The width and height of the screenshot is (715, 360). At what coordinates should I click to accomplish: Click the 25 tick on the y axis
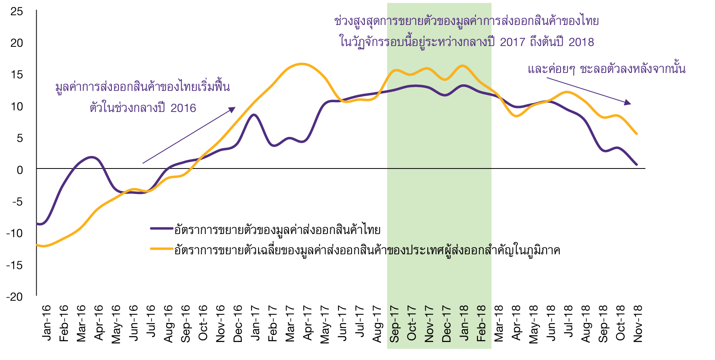click(17, 11)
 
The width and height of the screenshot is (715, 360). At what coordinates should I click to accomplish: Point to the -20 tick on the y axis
click(14, 297)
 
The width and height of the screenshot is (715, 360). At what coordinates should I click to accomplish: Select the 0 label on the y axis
click(20, 170)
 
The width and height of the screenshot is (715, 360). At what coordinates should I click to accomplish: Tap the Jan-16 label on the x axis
click(46, 323)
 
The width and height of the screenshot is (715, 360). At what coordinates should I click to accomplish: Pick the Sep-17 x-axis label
click(394, 324)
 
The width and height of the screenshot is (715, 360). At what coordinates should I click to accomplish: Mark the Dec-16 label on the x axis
click(238, 324)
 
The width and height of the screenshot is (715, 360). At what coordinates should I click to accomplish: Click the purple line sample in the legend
click(162, 229)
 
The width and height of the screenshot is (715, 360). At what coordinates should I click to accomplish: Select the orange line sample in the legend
click(162, 249)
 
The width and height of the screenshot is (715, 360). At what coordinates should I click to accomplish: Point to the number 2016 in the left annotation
click(183, 108)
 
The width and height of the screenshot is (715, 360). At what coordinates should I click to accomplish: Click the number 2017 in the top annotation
click(513, 42)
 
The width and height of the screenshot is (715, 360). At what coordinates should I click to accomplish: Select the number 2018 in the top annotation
click(581, 42)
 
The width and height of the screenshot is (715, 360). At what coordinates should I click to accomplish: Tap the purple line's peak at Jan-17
click(254, 115)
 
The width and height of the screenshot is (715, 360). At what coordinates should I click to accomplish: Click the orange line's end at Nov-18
click(637, 134)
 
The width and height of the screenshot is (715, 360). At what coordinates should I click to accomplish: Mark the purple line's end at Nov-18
click(637, 164)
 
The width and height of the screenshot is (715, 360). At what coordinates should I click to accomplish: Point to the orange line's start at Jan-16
click(38, 245)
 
